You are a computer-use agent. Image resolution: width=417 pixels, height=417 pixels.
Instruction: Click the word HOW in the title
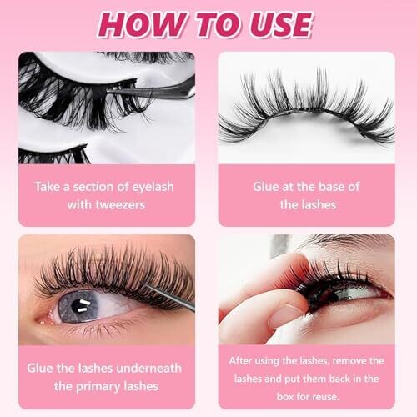142,25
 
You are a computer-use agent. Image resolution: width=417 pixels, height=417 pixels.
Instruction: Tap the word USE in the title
280,25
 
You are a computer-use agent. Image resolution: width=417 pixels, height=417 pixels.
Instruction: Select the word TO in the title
219,25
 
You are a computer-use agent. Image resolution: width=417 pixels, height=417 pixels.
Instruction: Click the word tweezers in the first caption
120,205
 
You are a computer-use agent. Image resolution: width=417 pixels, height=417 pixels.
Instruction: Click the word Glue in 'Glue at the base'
266,187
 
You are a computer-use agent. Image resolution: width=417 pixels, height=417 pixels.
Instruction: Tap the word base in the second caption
331,187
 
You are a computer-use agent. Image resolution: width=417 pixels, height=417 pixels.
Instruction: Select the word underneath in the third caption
148,369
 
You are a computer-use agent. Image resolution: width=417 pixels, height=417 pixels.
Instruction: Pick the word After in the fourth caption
240,361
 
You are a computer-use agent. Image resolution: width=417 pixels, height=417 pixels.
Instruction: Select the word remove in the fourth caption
349,361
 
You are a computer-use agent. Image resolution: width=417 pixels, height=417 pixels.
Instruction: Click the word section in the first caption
93,187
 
